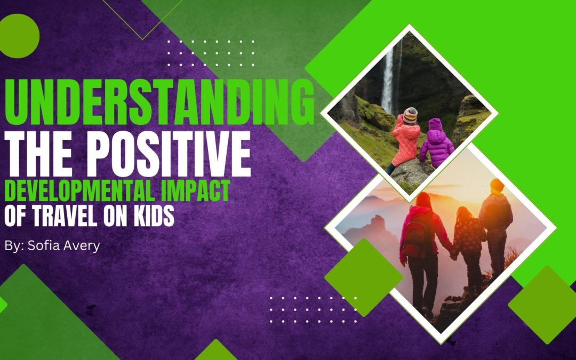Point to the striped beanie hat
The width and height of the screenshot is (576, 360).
point(410,115)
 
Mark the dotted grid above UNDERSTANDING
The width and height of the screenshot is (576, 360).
point(211,53)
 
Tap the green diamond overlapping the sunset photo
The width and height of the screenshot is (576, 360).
point(364,277)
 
